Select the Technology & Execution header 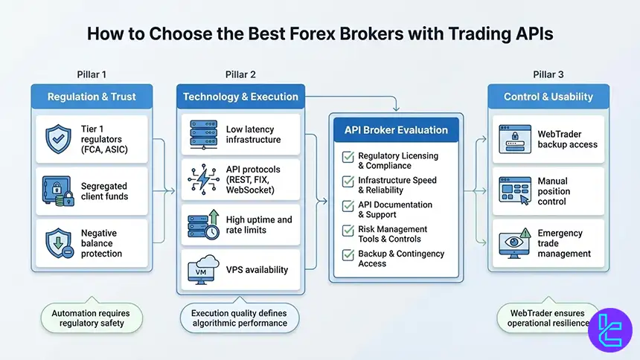240,97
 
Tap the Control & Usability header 548,97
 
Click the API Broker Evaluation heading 396,130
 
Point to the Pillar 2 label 240,74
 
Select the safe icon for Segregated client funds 57,191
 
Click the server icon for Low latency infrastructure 202,135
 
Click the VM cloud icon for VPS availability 202,269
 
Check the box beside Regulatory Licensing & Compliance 347,157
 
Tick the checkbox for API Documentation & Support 347,205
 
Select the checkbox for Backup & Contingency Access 347,254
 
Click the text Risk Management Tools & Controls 392,234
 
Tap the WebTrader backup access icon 513,139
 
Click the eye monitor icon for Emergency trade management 513,243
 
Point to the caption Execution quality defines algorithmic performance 239,318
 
